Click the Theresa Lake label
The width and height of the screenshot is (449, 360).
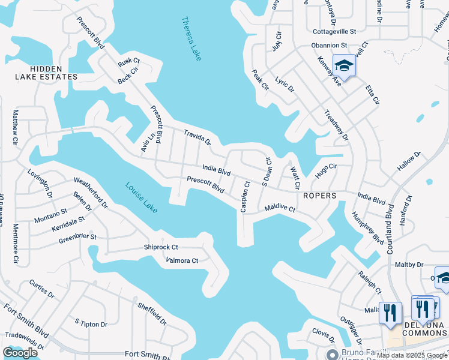click(191, 38)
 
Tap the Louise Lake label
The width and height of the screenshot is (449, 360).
click(142, 197)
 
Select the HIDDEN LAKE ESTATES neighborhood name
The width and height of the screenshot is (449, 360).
click(46, 73)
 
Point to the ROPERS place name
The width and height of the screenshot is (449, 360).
click(319, 196)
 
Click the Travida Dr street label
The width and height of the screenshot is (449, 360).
click(197, 139)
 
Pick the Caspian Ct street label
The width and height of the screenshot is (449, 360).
click(245, 196)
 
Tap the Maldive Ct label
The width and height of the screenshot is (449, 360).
click(280, 209)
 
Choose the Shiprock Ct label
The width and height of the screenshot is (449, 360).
click(161, 247)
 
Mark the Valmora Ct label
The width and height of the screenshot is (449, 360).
click(182, 260)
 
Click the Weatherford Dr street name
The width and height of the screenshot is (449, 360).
click(90, 192)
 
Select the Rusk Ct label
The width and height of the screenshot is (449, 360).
click(128, 61)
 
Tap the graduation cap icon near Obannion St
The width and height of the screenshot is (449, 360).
click(345, 65)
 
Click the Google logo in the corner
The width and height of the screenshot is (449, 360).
click(20, 353)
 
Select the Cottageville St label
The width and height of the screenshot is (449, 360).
click(334, 31)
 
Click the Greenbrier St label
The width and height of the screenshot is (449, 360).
click(77, 239)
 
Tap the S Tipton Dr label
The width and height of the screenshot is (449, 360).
click(91, 324)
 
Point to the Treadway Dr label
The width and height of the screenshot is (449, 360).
click(336, 125)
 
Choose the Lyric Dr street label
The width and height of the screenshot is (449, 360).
click(285, 84)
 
